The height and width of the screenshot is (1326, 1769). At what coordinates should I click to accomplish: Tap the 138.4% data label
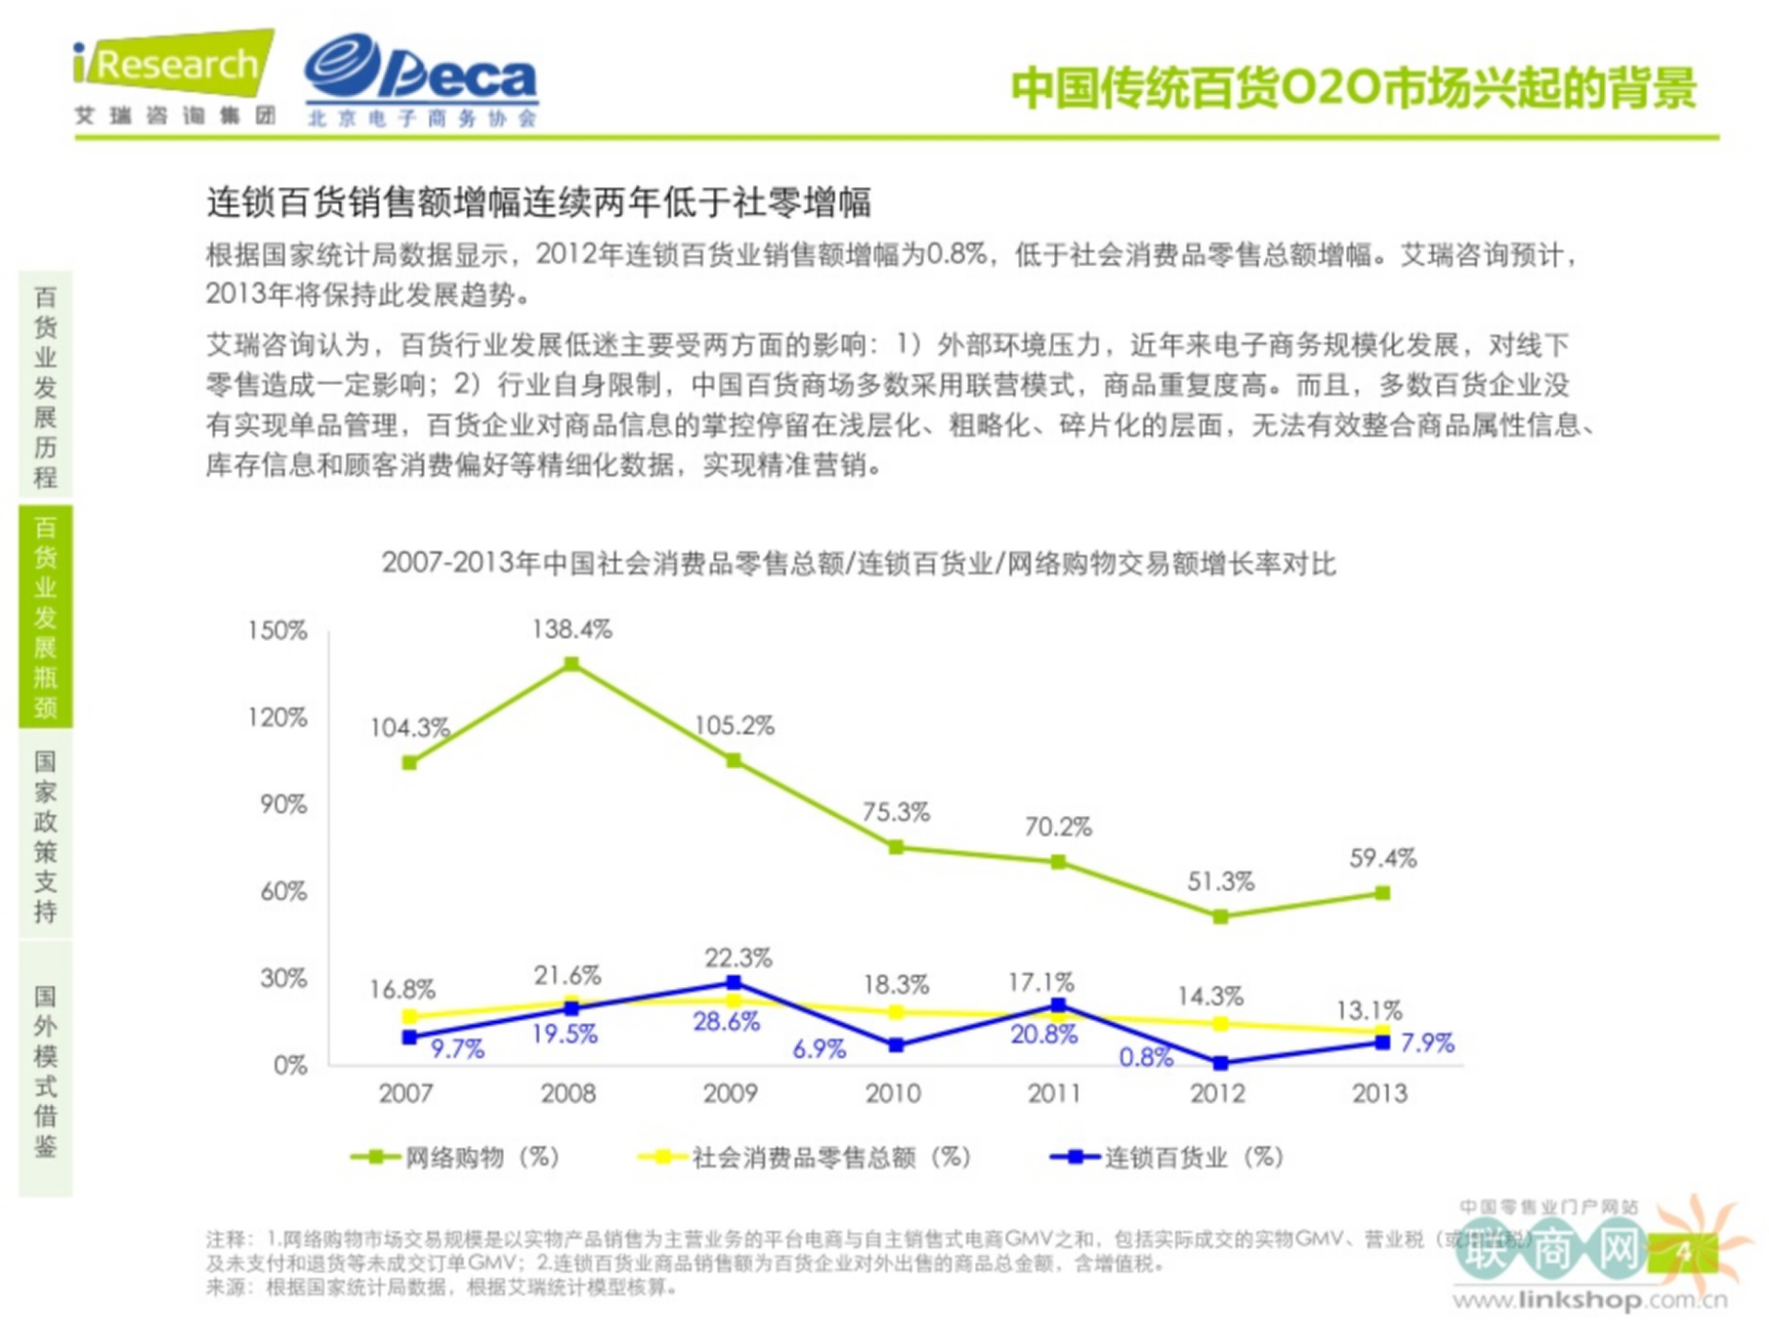tap(571, 629)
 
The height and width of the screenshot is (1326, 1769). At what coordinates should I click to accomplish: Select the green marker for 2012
tap(1220, 916)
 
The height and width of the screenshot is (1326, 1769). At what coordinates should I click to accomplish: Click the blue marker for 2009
tap(733, 983)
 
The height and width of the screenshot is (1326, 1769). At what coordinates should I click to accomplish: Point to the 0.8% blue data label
tap(1145, 1057)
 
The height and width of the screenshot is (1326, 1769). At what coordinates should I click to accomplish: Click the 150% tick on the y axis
tap(276, 631)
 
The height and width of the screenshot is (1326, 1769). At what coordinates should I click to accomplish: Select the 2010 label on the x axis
tap(892, 1093)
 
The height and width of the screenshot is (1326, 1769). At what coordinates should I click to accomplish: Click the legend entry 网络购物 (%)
tap(456, 1157)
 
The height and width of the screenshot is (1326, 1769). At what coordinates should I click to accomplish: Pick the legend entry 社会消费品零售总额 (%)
tap(806, 1157)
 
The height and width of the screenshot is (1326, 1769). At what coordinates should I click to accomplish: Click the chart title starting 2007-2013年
tap(859, 564)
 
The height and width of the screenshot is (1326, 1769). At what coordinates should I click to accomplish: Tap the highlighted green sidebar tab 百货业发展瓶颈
tap(45, 616)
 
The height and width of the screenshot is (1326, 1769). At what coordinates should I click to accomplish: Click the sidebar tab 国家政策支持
tap(45, 835)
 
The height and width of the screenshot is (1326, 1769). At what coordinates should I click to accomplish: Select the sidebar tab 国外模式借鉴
tap(45, 1070)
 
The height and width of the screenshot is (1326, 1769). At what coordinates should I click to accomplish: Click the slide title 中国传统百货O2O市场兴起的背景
tap(1353, 88)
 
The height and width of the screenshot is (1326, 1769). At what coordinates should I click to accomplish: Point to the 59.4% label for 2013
tap(1382, 858)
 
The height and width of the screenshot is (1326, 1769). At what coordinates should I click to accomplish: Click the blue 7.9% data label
tap(1426, 1043)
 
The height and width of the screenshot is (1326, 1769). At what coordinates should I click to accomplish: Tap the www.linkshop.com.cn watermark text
tap(1589, 1300)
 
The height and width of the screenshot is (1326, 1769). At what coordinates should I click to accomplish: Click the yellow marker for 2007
tap(410, 1017)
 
